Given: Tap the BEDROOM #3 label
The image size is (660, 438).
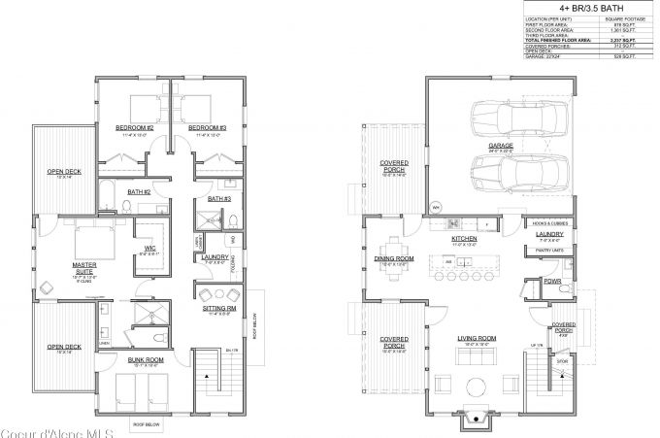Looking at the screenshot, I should (207, 127).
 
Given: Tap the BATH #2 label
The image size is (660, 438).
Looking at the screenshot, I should (139, 191).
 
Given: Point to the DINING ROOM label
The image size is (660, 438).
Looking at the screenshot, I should (394, 257).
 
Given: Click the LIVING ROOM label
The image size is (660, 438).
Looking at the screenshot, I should (477, 339).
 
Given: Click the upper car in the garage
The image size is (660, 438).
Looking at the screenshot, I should (506, 120).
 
